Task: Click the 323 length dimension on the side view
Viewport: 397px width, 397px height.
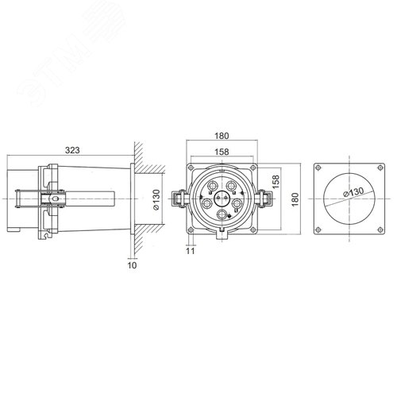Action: click(73, 148)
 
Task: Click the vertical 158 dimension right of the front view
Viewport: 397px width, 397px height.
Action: click(276, 182)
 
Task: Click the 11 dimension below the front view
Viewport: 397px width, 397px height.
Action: click(190, 251)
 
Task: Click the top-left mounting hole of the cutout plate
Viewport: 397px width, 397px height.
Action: click(319, 168)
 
